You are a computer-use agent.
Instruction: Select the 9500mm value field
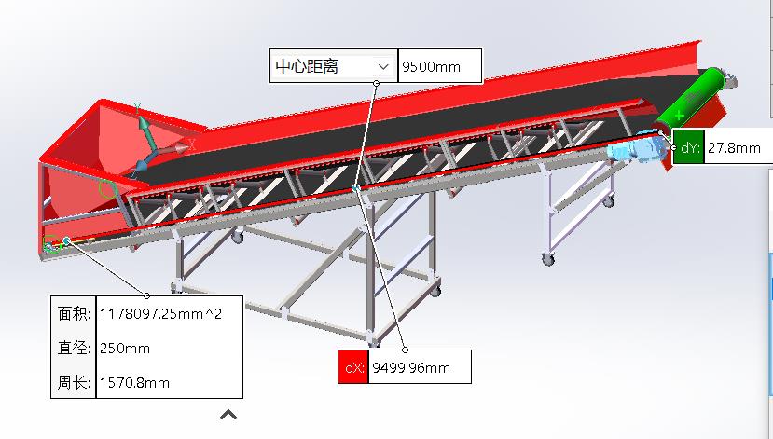439,66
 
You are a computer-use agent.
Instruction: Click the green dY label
687,147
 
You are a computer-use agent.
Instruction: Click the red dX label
353,367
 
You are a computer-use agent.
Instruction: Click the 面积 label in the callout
74,314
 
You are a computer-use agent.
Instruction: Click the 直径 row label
74,348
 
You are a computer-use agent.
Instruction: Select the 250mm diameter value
125,348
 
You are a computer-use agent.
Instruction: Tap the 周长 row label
74,382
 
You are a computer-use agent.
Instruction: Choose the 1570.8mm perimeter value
135,382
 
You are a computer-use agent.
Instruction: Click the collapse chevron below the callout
228,414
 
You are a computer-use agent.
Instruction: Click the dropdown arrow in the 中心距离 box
381,66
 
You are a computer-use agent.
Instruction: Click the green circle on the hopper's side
107,192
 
